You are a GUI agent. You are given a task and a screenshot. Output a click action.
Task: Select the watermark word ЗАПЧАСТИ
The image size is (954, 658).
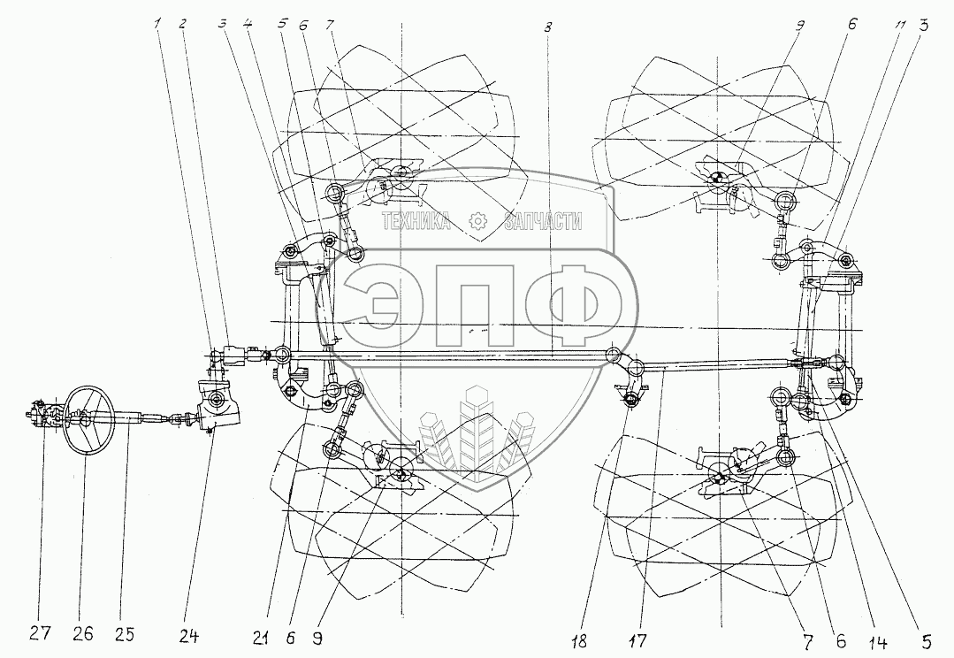(x=542, y=221)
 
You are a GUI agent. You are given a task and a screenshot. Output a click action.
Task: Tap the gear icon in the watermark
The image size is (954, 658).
(x=477, y=221)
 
